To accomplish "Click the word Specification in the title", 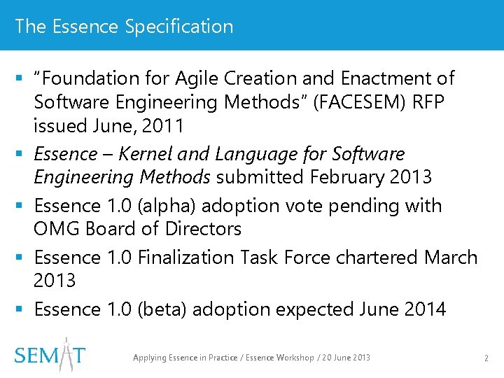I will click(179, 27).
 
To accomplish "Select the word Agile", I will click(195, 78).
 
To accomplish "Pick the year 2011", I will click(162, 127).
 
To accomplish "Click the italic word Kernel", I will click(141, 154).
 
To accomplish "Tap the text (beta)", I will click(165, 309).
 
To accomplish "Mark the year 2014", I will click(425, 309).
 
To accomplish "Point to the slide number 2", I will click(486, 358).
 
